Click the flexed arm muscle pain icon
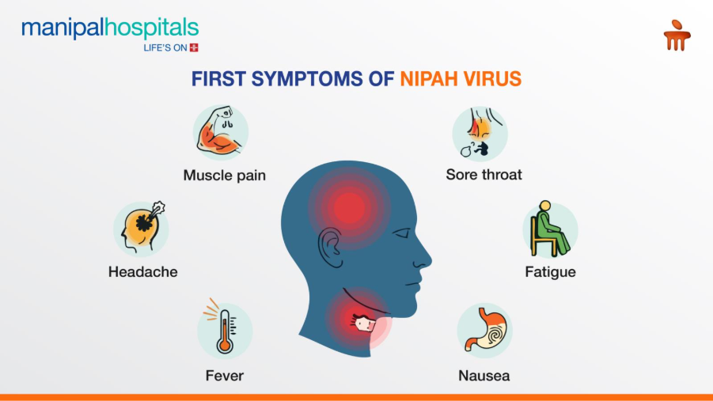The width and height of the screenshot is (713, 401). pos(221,132)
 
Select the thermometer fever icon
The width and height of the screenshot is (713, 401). pos(224,329)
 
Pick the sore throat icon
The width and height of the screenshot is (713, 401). pos(480,134)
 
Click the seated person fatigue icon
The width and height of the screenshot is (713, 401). pos(550,230)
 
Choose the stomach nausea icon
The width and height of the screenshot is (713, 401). pos(485,331)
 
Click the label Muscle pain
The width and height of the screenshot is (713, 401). pos(224,176)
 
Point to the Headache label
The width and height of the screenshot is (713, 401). pos(142,272)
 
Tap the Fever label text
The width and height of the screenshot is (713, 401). pos(225,376)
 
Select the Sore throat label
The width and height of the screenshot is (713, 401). pos(484,175)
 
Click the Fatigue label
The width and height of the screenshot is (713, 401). pos(550,272)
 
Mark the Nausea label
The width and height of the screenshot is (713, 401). pos(484,376)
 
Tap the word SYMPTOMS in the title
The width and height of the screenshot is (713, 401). pos(307,79)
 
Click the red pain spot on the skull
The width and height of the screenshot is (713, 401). pos(349,208)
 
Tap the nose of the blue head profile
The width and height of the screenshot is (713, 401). pos(424,259)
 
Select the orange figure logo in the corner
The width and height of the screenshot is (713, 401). pos(677,36)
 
